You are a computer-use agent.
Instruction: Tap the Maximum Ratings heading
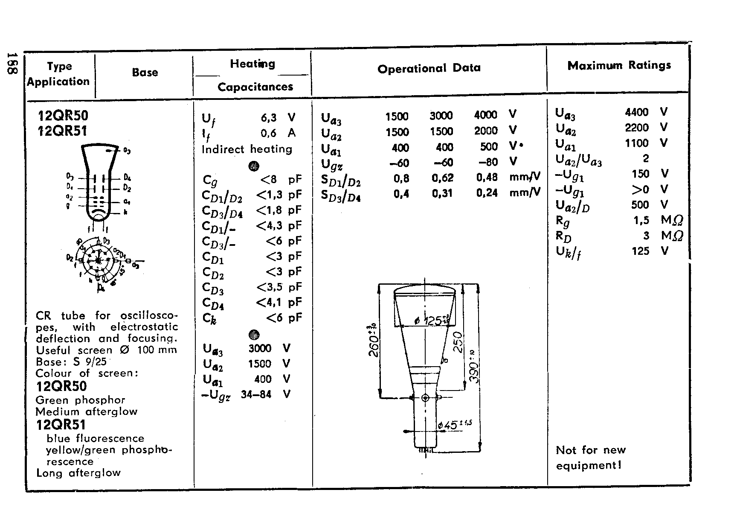click(x=619, y=65)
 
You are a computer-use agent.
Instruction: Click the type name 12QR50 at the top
click(x=63, y=116)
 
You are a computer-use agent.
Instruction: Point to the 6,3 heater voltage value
click(x=269, y=117)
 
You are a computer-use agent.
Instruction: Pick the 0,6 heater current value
click(x=269, y=133)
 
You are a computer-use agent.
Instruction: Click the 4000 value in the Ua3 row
click(x=485, y=115)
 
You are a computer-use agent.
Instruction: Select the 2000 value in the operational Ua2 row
click(x=485, y=131)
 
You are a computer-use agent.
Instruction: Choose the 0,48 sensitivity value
click(x=487, y=178)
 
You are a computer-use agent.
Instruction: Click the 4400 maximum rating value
click(x=636, y=112)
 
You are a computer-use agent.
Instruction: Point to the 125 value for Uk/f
click(x=640, y=251)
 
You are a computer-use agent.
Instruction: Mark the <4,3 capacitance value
click(x=270, y=225)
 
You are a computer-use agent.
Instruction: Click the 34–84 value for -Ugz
click(x=256, y=394)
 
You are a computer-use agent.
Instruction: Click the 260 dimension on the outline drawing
click(x=373, y=341)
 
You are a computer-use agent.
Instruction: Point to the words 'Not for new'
click(x=591, y=450)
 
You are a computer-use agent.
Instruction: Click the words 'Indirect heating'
click(x=247, y=149)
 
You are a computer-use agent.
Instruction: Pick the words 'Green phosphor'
click(x=81, y=400)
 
